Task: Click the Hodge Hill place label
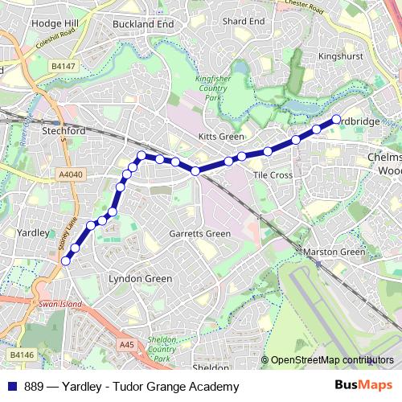[54, 24]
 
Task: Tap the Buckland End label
[144, 24]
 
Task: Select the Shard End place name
[244, 21]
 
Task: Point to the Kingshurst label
[341, 57]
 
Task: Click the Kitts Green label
[220, 137]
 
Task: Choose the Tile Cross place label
[272, 174]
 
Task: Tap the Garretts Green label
[200, 234]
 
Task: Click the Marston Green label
[334, 252]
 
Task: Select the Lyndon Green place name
[140, 279]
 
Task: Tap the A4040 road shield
[70, 173]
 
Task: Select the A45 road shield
[125, 344]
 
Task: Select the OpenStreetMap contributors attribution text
[332, 360]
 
